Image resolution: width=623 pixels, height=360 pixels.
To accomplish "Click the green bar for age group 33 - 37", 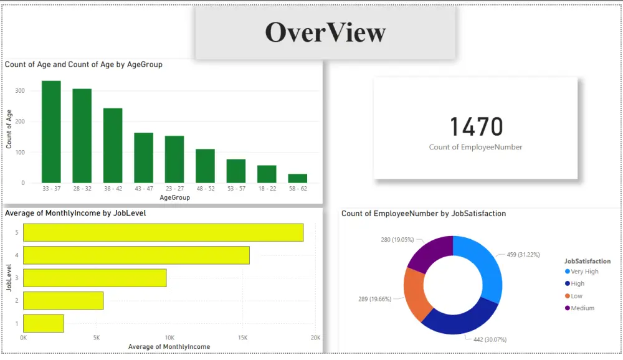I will coord(51,132).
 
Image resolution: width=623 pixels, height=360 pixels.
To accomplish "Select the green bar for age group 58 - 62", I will coord(297,178).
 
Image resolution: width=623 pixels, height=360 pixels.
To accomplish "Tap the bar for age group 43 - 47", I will coord(143,158).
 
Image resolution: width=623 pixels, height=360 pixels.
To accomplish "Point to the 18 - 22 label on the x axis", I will coord(267,189).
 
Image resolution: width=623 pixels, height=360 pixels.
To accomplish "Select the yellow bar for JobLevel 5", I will coord(163,232).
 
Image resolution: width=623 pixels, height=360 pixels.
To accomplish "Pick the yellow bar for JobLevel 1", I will coord(44,323).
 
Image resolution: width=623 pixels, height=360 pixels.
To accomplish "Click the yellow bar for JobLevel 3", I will coord(95,278).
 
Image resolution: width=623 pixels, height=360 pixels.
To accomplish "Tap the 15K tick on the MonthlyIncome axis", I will coord(242,338).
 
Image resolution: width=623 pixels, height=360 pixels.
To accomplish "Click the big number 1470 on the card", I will coord(476,127).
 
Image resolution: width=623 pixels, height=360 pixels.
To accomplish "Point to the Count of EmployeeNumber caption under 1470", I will coord(475,148).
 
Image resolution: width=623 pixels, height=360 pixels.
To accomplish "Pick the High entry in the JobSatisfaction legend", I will coord(578,284).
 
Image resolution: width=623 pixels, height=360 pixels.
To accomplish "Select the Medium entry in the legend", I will coord(582,308).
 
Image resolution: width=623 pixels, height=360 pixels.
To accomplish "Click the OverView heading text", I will coord(325,32).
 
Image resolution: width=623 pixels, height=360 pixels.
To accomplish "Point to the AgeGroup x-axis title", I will coord(175,197).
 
